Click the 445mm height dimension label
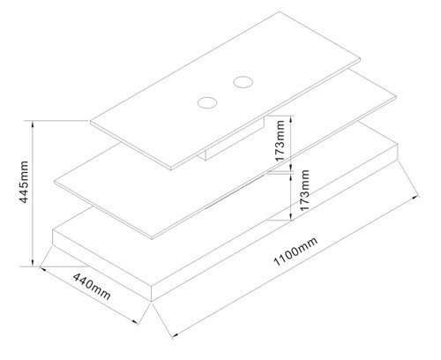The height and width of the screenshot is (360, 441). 24,182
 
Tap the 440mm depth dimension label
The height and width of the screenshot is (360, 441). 92,286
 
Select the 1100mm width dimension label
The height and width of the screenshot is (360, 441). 295,251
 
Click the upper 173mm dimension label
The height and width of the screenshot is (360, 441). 280,140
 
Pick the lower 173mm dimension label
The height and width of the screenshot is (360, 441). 304,190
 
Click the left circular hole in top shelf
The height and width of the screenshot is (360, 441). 207,102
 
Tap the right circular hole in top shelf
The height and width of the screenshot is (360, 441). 243,82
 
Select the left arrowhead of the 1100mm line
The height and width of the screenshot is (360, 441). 176,334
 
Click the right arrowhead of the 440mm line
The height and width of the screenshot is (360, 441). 135,321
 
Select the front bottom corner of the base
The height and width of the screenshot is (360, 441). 151,302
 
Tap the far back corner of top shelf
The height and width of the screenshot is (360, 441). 280,11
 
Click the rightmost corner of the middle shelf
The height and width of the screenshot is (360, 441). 396,96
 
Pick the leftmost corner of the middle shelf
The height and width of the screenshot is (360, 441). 55,183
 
